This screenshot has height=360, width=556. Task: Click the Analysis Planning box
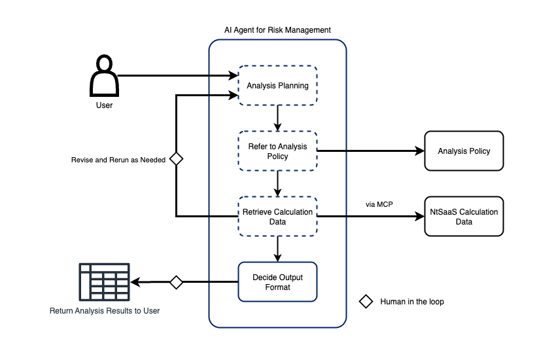277,86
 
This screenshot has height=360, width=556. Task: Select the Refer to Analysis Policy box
277,151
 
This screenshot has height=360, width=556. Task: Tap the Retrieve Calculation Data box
277,217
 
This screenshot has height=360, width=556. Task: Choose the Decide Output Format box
277,282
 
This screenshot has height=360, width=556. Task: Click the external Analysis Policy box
464,151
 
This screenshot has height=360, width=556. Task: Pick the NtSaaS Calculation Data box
464,217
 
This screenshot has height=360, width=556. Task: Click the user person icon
104,76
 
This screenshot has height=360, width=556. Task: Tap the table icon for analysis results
104,282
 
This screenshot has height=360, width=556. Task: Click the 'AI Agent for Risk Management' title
277,30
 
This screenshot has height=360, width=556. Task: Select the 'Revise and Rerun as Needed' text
118,160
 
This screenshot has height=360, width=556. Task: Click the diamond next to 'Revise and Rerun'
175,158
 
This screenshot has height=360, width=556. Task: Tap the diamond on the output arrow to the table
175,282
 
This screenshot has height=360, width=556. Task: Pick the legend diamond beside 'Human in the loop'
366,302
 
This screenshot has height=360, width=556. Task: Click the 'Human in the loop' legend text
412,302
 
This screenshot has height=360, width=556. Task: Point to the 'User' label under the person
104,105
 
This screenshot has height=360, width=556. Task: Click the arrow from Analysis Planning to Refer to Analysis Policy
278,118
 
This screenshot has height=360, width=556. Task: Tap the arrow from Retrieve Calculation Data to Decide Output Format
278,249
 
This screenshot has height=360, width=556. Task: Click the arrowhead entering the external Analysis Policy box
420,151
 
